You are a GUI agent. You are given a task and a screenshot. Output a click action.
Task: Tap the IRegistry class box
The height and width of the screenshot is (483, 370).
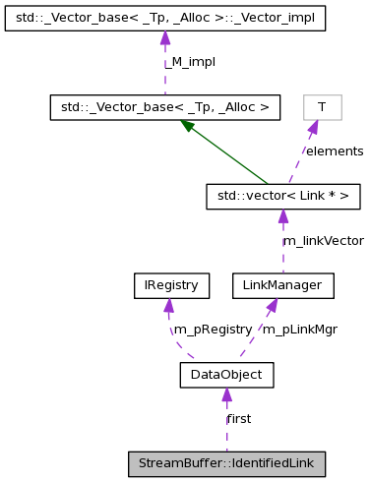[166, 286]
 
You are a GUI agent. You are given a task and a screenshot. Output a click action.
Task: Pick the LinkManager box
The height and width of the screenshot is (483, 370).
[283, 286]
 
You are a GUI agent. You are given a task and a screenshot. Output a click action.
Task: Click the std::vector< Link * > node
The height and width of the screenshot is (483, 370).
[282, 198]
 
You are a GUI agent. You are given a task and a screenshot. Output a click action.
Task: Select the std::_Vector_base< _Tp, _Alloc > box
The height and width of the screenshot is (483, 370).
[165, 106]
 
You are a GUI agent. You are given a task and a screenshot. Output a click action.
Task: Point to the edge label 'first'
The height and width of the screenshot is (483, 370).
[239, 418]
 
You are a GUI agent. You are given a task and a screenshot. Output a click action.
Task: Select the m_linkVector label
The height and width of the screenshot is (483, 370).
[309, 241]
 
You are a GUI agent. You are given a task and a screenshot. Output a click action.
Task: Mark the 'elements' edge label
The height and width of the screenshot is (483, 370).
[334, 151]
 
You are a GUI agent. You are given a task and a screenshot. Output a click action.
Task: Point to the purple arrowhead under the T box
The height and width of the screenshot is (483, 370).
[312, 126]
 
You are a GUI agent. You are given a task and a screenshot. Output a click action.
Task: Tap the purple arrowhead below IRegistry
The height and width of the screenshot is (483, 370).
[168, 305]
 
